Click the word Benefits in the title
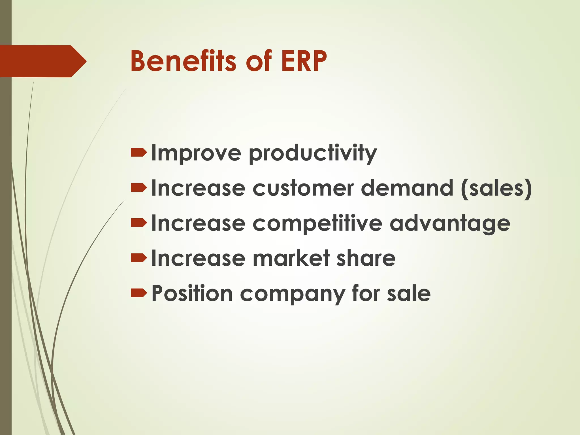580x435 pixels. (183, 61)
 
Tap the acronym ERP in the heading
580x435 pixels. (304, 61)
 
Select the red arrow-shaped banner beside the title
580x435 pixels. (42, 61)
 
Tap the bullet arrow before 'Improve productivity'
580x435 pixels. (139, 153)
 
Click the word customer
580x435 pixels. (303, 188)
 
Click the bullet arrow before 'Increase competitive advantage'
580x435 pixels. (139, 223)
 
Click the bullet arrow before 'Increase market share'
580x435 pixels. (139, 258)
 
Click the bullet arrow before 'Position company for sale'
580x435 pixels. (139, 293)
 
